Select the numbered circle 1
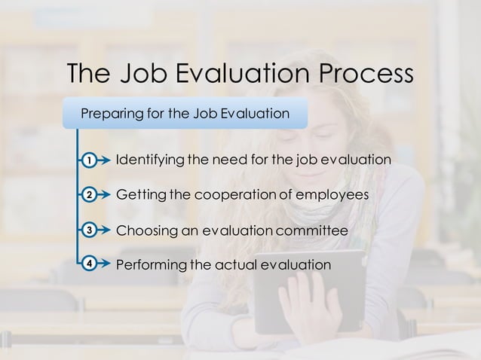pyautogui.click(x=89, y=160)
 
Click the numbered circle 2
pyautogui.click(x=89, y=195)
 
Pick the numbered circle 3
pyautogui.click(x=89, y=230)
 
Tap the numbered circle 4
pyautogui.click(x=89, y=264)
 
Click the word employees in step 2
pyautogui.click(x=332, y=195)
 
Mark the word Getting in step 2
pyautogui.click(x=141, y=195)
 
